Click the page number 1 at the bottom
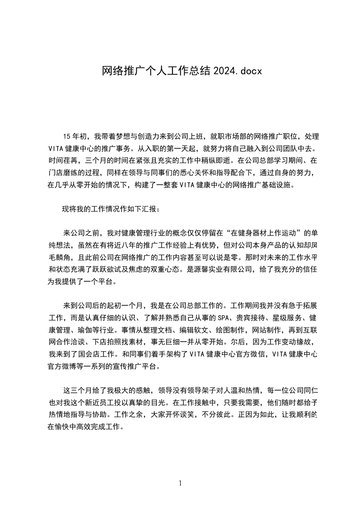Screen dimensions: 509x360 click(180, 483)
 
